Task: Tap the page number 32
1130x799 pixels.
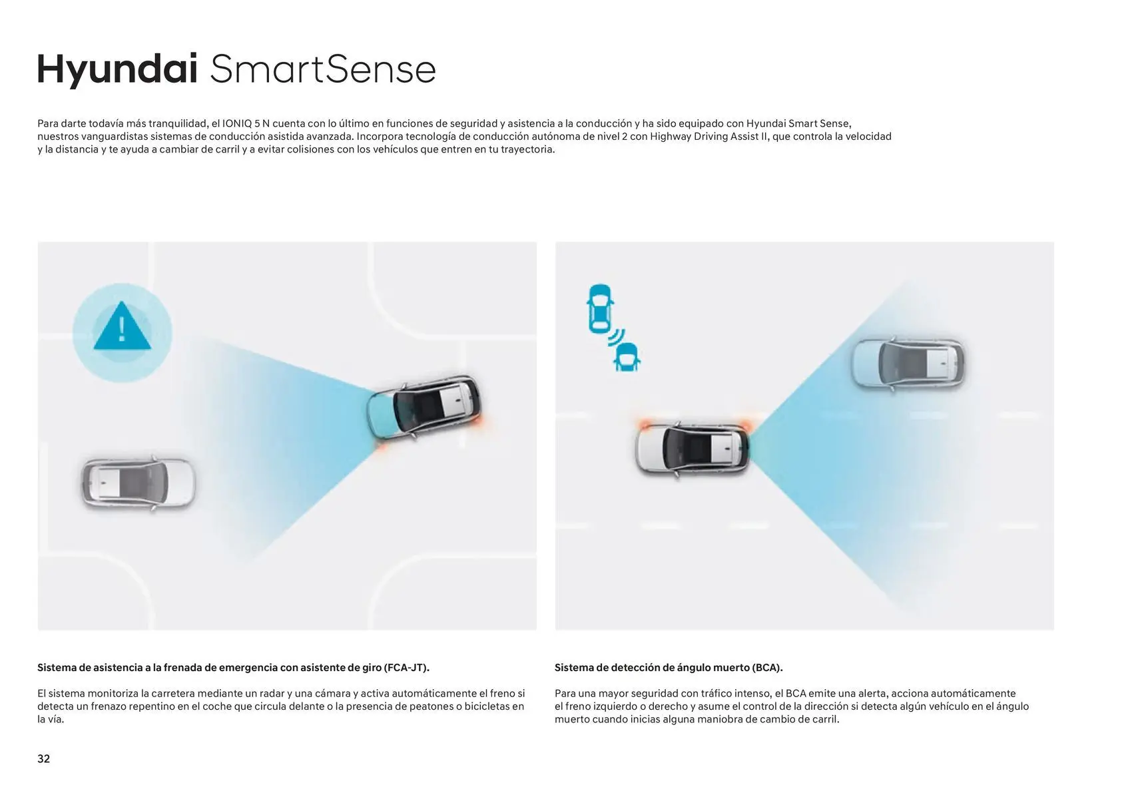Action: coord(43,758)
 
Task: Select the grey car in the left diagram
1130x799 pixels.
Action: coord(139,483)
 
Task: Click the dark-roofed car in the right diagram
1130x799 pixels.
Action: coord(692,449)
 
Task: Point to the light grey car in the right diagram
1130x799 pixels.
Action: coord(908,363)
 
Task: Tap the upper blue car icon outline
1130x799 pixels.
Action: coord(600,309)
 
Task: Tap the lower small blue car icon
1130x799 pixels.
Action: coord(627,357)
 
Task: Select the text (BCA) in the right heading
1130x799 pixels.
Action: coord(767,668)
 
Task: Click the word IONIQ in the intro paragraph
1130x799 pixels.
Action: coord(237,124)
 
